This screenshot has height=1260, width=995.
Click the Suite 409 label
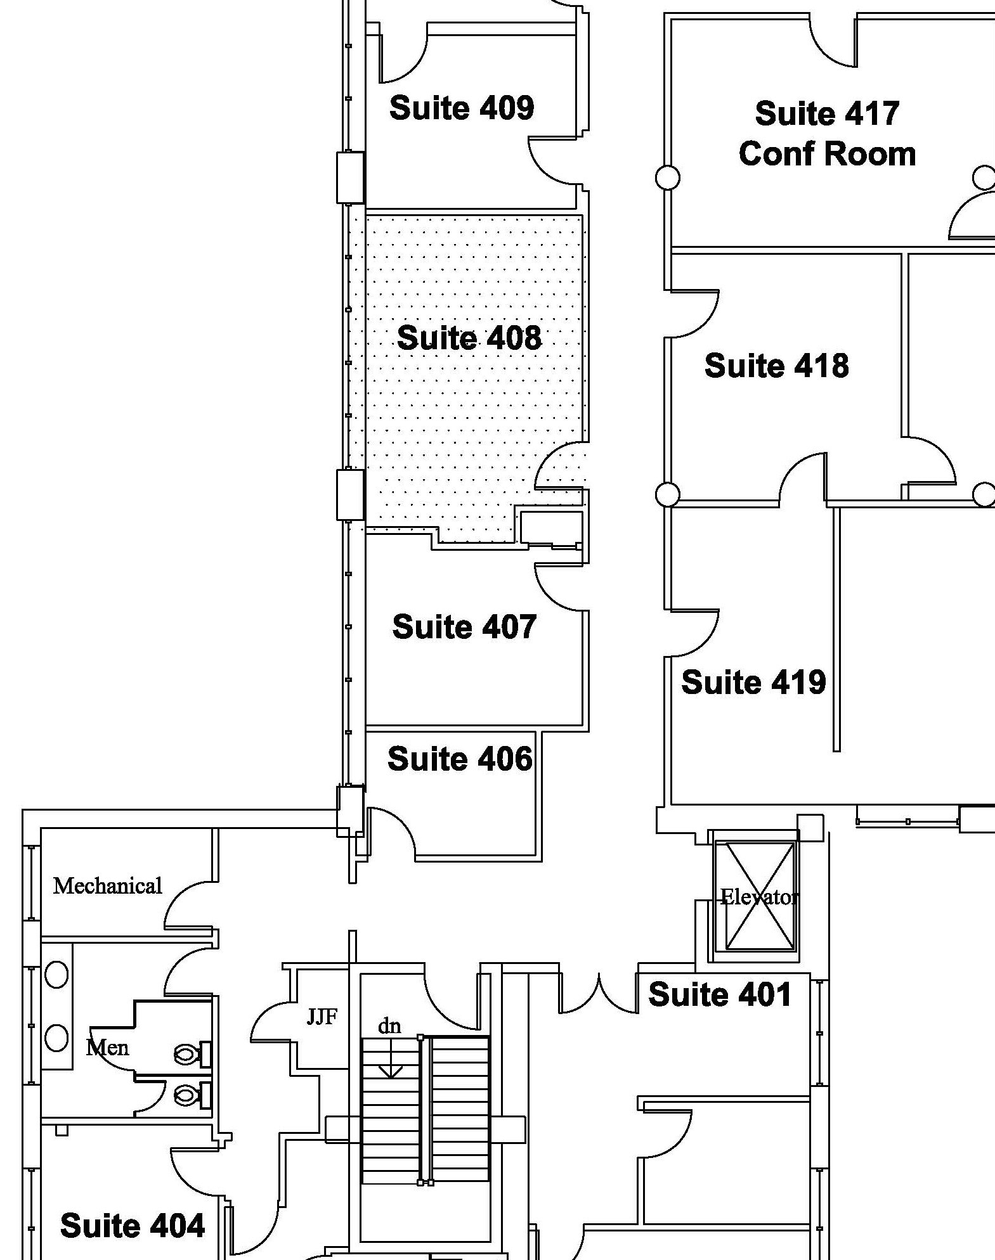pos(461,108)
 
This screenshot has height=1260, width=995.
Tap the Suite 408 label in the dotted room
pos(469,338)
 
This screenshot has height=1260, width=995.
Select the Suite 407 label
pos(464,627)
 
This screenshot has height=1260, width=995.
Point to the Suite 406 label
pos(459,759)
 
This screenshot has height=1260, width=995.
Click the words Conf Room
pos(827,155)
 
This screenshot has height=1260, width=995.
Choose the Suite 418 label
pos(776,366)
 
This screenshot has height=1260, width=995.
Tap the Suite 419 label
pos(753,683)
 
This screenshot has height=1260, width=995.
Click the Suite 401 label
pos(720,994)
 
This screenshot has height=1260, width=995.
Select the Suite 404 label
pos(133,1226)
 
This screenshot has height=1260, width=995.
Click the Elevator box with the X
pos(754,896)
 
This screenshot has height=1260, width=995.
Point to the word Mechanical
pos(107,886)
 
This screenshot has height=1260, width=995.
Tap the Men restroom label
pos(107,1048)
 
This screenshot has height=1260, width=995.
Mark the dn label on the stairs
pos(389,1026)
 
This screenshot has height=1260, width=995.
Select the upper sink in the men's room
pos(56,975)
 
